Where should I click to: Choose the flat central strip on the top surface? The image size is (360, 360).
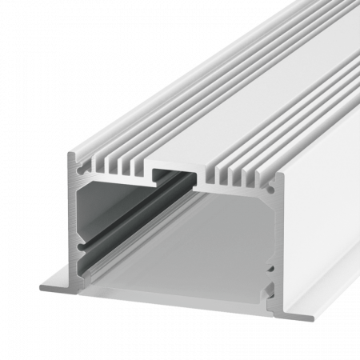[240, 64]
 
